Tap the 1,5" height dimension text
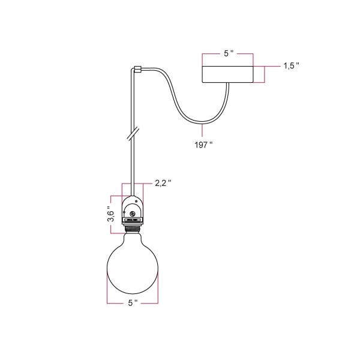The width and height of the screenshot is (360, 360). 291,66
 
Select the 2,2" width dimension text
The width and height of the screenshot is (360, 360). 163,183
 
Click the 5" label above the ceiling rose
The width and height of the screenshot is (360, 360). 229,54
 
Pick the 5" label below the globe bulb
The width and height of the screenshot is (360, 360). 133,303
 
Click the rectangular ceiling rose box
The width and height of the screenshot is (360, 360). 229,74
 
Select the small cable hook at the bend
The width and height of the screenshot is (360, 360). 137,69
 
